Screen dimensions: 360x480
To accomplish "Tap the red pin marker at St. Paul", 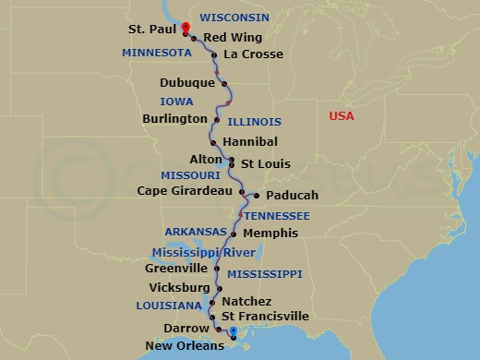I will pos(186,28).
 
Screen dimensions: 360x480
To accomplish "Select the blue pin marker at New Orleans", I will pos(233,332).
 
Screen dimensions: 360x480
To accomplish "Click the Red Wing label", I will pos(233,38).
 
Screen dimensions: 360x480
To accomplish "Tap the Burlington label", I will pos(174,119).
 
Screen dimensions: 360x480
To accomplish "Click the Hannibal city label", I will pos(249,143).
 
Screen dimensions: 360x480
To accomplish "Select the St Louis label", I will pos(265,164).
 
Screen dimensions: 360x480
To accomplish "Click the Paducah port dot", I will pos(255,196).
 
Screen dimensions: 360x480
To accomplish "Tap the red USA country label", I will pos(342,116).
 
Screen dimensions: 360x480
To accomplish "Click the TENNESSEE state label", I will pos(276,215).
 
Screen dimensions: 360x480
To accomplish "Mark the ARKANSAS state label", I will pos(196,232).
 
